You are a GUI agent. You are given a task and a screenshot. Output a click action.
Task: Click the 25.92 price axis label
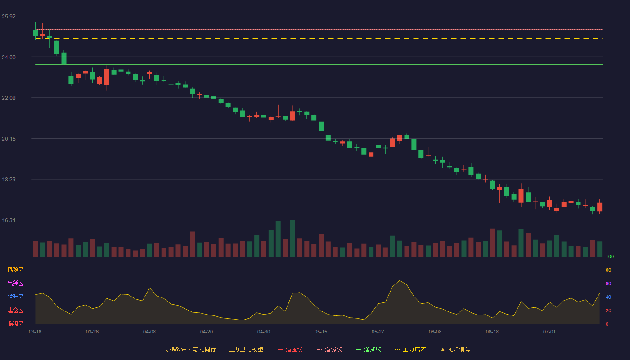tap(9, 17)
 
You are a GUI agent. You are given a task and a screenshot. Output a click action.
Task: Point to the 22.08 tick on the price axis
tap(9, 98)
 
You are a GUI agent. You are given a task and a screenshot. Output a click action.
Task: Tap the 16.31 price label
tap(9, 220)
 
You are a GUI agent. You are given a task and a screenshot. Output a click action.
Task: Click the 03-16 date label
tap(35, 332)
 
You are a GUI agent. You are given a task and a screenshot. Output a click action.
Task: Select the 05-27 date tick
tap(378, 332)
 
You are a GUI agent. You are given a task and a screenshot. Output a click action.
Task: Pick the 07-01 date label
tap(549, 332)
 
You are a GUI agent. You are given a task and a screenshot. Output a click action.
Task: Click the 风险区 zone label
tap(15, 270)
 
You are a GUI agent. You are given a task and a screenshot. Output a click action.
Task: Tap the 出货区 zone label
tap(15, 283)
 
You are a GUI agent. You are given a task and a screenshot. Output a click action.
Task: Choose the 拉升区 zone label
tap(15, 297)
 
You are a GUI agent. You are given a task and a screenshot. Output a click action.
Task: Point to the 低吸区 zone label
tap(15, 324)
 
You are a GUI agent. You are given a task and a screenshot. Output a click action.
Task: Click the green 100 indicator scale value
tap(610, 256)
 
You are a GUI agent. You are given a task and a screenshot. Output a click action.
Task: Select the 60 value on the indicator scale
tap(608, 283)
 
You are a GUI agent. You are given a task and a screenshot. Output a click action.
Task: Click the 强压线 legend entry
tap(290, 349)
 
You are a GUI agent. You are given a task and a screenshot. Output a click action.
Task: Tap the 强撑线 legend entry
tap(369, 349)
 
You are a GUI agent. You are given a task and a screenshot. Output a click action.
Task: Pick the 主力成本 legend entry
tap(410, 349)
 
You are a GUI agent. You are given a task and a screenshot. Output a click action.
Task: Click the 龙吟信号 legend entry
tap(455, 349)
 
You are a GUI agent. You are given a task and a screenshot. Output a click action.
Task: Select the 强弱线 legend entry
tap(329, 349)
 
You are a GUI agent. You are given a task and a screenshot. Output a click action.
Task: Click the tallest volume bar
tap(292, 238)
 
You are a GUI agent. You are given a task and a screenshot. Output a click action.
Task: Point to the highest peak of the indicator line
tap(400, 280)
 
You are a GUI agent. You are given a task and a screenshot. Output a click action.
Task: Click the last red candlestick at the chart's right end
tap(599, 207)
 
